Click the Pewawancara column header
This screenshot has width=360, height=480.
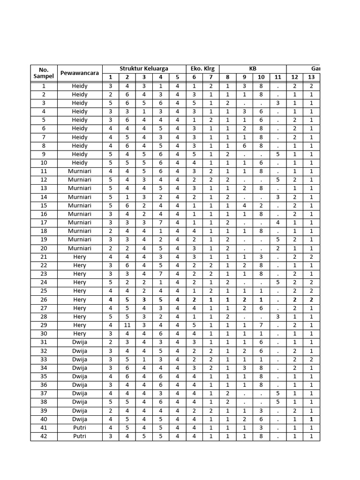pyautogui.click(x=80, y=73)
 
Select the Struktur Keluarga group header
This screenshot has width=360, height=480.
pyautogui.click(x=144, y=68)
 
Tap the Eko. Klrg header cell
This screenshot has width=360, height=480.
pyautogui.click(x=202, y=68)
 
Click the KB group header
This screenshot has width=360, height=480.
pyautogui.click(x=253, y=68)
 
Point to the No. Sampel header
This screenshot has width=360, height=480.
pyautogui.click(x=44, y=73)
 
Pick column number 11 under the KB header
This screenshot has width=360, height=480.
pyautogui.click(x=278, y=77)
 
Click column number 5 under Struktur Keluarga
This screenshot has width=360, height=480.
pyautogui.click(x=177, y=77)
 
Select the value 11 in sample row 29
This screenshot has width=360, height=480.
pyautogui.click(x=127, y=325)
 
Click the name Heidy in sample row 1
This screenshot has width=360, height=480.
pyautogui.click(x=80, y=86)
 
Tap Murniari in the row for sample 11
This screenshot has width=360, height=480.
pyautogui.click(x=80, y=171)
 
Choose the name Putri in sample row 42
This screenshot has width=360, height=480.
pyautogui.click(x=80, y=436)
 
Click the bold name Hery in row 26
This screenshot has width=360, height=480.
pyautogui.click(x=80, y=300)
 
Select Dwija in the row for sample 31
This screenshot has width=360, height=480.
pyautogui.click(x=80, y=342)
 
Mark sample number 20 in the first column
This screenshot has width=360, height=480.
pyautogui.click(x=44, y=248)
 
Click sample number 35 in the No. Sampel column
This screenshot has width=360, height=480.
pyautogui.click(x=44, y=376)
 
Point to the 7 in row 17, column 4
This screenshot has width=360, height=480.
pyautogui.click(x=160, y=222)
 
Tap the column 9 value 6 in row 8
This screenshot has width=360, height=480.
pyautogui.click(x=244, y=146)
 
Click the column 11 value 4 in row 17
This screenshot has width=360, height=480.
pyautogui.click(x=278, y=222)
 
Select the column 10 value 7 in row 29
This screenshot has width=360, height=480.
pyautogui.click(x=261, y=325)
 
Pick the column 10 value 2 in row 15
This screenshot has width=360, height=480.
pyautogui.click(x=261, y=205)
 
